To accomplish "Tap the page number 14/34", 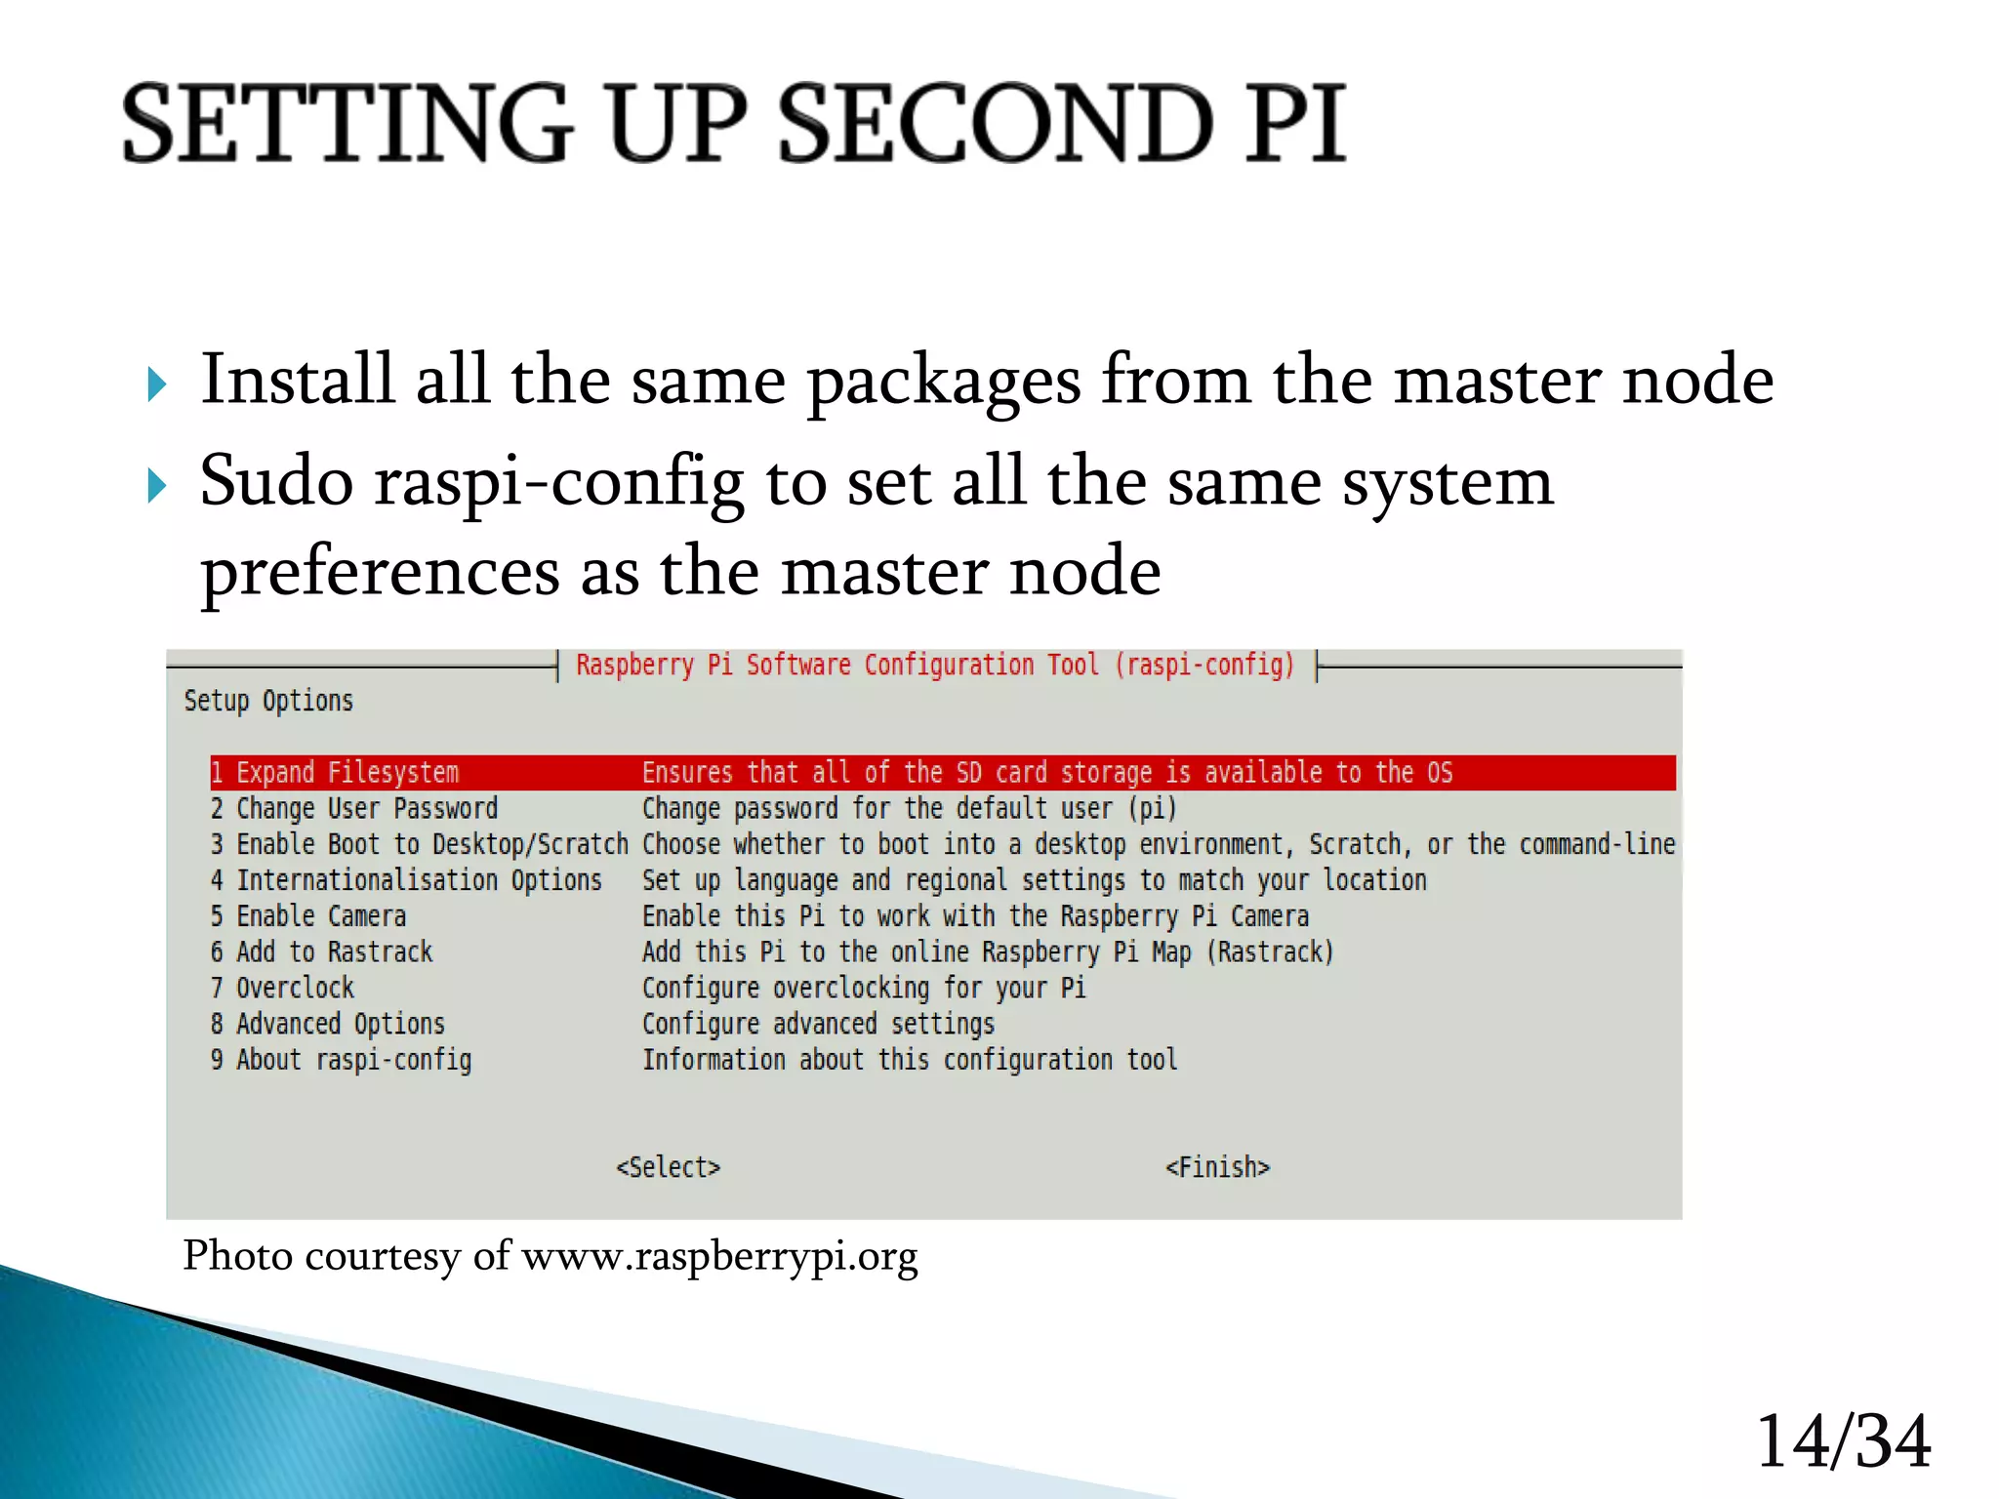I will click(x=1843, y=1441).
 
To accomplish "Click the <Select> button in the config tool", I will click(x=669, y=1167).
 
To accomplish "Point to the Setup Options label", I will click(x=268, y=701).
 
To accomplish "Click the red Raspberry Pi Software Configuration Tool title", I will click(x=934, y=666).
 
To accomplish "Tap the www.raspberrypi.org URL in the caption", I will click(x=719, y=1257).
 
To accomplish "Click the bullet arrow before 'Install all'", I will click(x=157, y=385).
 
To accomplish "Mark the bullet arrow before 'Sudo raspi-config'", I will click(x=157, y=485).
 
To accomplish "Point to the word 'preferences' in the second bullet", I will click(x=380, y=574).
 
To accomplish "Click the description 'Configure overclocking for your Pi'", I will click(x=864, y=989).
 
